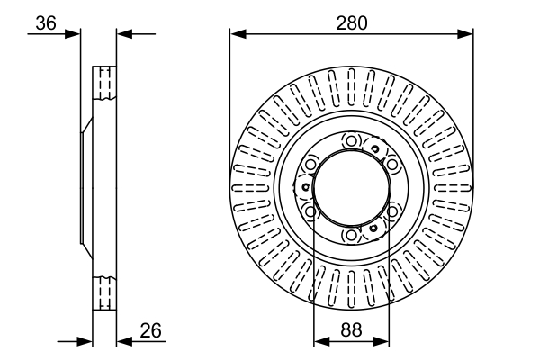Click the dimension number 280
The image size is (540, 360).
pos(352,23)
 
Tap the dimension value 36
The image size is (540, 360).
pos(46,23)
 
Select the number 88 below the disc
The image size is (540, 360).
pos(351,329)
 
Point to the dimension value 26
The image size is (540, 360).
pos(151,330)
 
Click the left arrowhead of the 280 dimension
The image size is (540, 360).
pos(238,34)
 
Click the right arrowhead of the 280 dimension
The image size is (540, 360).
pos(465,34)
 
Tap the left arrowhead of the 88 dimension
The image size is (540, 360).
pos(322,341)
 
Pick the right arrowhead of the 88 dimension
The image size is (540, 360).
pos(382,341)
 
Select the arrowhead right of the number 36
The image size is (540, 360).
pos(72,34)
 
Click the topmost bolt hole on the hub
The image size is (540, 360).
pos(351,141)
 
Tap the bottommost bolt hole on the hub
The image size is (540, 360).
pos(351,236)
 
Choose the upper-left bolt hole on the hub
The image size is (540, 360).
pos(310,165)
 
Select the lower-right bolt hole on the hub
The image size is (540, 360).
pos(392,211)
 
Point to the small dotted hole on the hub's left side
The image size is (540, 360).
pos(305,187)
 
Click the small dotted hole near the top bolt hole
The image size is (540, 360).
pos(375,148)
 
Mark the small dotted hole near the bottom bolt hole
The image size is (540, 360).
pos(373,228)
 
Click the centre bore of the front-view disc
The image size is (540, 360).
pos(351,188)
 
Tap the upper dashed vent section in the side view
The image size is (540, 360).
pos(104,83)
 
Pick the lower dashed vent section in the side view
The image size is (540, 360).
pos(104,293)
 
